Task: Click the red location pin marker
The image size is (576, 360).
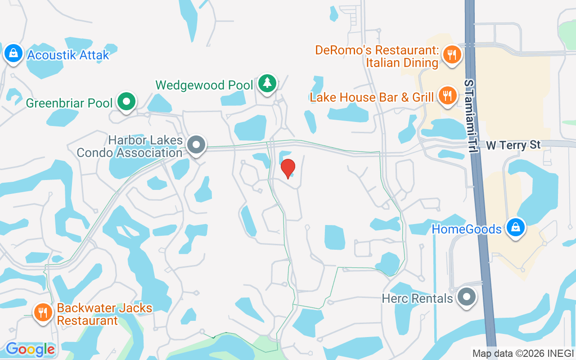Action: pyautogui.click(x=288, y=168)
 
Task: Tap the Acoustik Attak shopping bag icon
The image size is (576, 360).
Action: pyautogui.click(x=14, y=54)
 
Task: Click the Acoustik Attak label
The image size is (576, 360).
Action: pyautogui.click(x=68, y=55)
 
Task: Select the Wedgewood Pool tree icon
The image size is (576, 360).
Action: pyautogui.click(x=268, y=83)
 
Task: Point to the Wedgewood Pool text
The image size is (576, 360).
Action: pyautogui.click(x=204, y=85)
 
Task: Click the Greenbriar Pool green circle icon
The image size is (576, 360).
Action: pyautogui.click(x=127, y=102)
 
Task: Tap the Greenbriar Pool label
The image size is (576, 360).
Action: pyautogui.click(x=69, y=103)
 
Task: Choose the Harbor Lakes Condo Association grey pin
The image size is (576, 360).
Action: pyautogui.click(x=196, y=145)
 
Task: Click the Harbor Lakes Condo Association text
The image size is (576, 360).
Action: pyautogui.click(x=130, y=146)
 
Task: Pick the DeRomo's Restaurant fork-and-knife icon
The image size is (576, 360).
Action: pyautogui.click(x=450, y=55)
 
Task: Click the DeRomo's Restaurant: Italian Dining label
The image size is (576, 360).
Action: pyautogui.click(x=377, y=56)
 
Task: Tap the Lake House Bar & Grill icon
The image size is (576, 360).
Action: pyautogui.click(x=447, y=96)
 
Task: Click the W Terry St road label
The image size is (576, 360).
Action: pyautogui.click(x=513, y=145)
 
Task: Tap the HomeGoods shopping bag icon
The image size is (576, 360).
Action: pyautogui.click(x=515, y=228)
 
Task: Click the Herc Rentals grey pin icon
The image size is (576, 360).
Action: pyautogui.click(x=467, y=297)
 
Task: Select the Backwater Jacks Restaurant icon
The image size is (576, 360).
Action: pyautogui.click(x=43, y=311)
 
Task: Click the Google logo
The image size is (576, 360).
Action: pyautogui.click(x=30, y=349)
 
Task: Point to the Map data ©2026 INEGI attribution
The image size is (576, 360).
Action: pyautogui.click(x=523, y=353)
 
